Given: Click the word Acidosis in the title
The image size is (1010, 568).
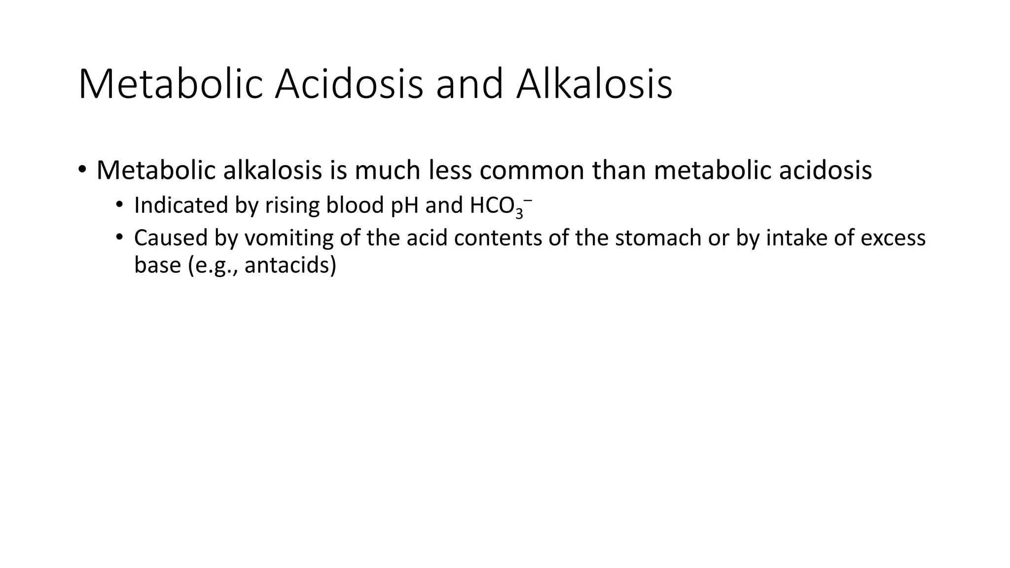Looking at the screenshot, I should pyautogui.click(x=349, y=85).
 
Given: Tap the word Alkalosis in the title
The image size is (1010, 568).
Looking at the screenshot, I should pyautogui.click(x=594, y=85).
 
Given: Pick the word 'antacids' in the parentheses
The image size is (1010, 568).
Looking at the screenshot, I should pyautogui.click(x=287, y=266).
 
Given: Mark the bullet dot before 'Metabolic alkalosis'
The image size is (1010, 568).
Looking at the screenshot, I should pyautogui.click(x=82, y=170).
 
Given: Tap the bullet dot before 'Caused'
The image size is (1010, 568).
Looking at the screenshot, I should pyautogui.click(x=119, y=238).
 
